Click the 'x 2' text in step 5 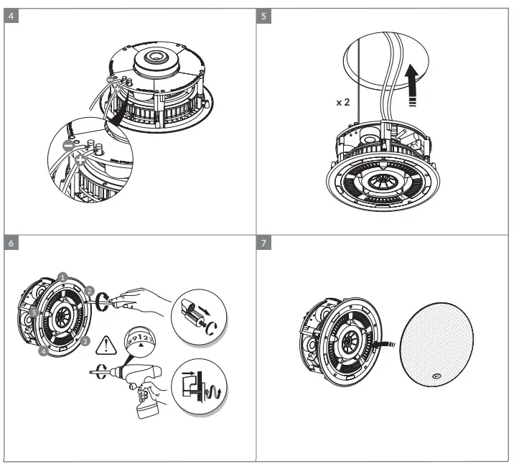344,103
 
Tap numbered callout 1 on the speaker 63,276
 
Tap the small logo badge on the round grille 436,373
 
